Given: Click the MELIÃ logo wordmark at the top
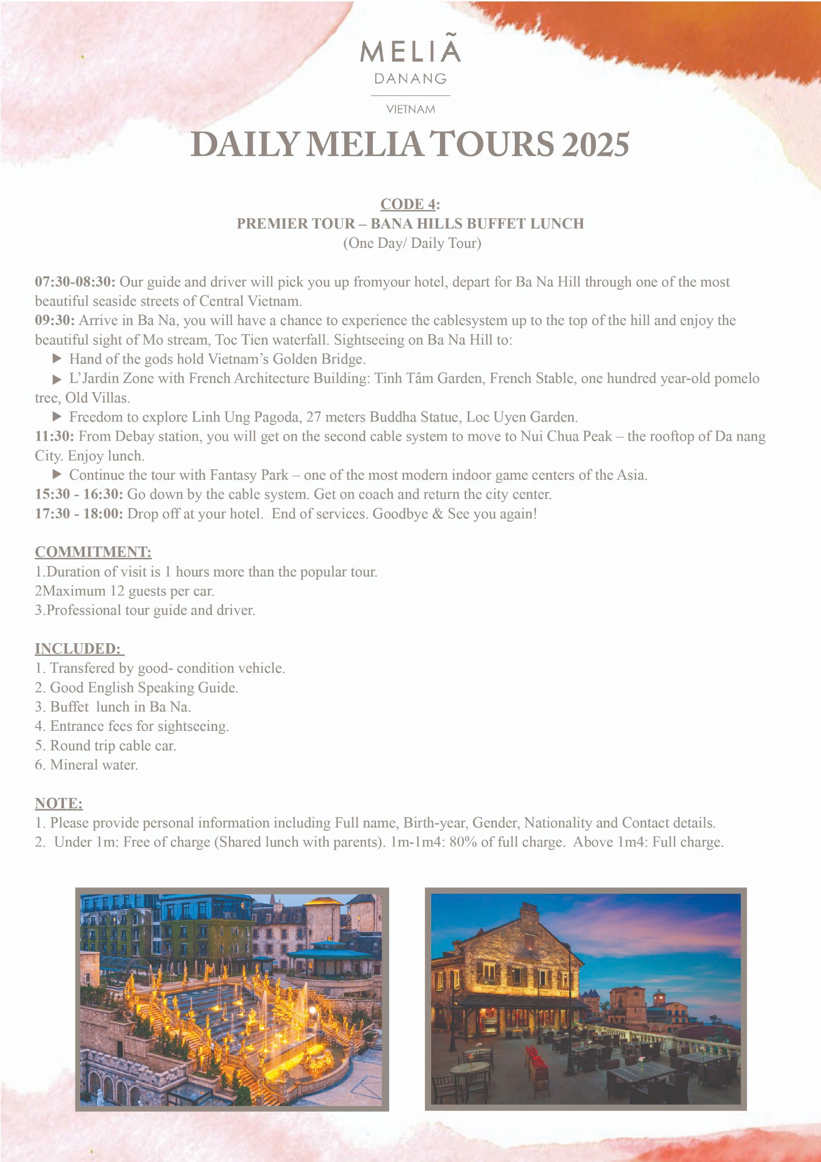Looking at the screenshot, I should click(410, 50).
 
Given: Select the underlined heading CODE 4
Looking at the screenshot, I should click(408, 204).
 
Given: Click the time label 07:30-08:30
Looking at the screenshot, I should click(75, 282).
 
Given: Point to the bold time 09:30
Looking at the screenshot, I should click(54, 320).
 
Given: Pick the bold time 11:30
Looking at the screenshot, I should click(54, 436).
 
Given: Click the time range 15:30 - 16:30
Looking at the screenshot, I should click(78, 494).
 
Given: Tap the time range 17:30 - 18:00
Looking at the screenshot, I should click(78, 514).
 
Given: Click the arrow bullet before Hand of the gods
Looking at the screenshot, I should click(57, 359).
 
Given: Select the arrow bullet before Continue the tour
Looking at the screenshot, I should click(57, 475).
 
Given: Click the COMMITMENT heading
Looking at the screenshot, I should click(93, 552).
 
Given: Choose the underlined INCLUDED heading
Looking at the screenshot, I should click(78, 649).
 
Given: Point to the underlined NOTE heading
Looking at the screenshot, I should click(59, 804).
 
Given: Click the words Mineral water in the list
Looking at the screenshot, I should click(93, 765).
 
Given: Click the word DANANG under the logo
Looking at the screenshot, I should click(410, 79).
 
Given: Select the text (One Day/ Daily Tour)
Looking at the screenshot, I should click(412, 243).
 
